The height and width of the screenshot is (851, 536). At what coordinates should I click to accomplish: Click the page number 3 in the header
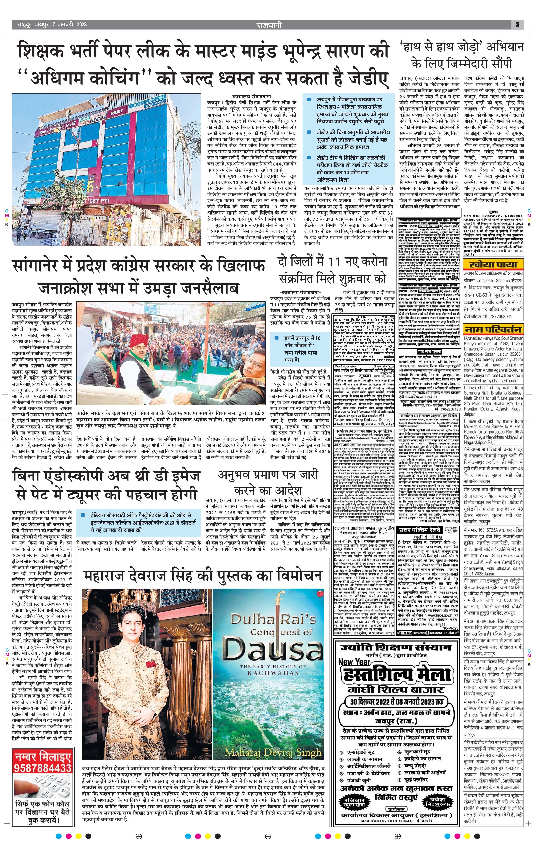click(x=517, y=25)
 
